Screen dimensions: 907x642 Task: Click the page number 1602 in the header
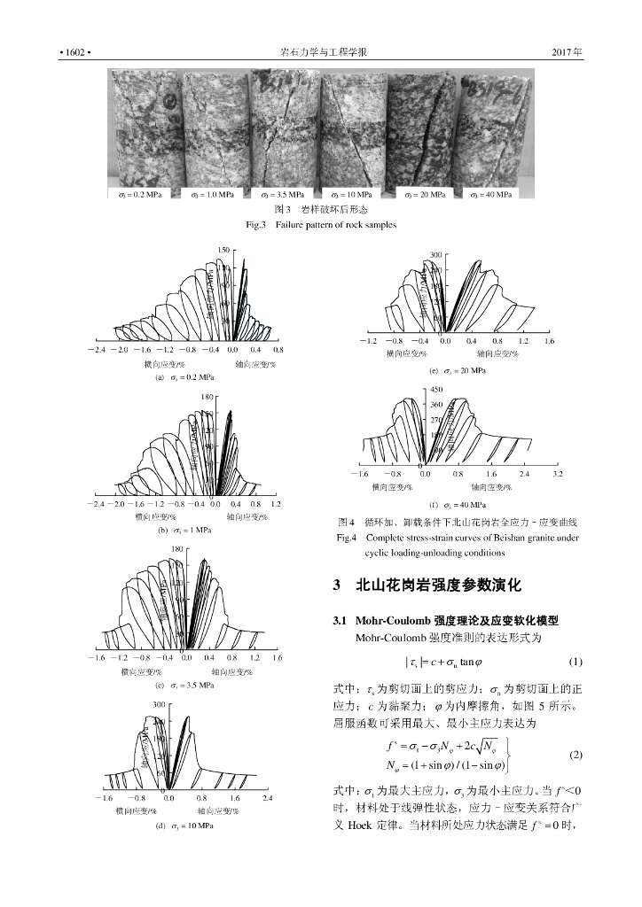tap(74, 53)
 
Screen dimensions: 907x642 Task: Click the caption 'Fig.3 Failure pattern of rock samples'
tap(320, 225)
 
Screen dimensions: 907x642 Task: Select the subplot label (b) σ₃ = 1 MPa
tap(184, 530)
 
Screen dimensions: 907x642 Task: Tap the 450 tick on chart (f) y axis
tap(435, 389)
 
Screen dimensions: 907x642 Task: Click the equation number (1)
tap(574, 663)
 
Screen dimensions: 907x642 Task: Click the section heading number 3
tap(336, 585)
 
